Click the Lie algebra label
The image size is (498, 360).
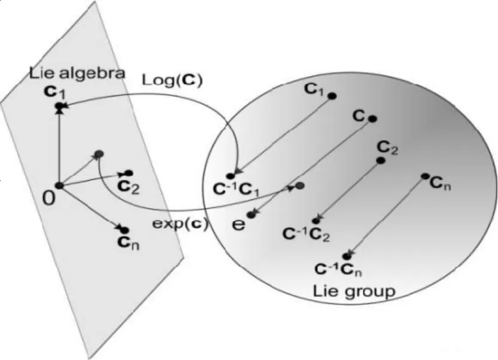point(77,74)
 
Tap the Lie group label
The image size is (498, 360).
point(354,291)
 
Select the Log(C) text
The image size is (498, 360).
point(172,80)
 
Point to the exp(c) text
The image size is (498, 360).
point(180,224)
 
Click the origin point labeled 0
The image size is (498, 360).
point(59,186)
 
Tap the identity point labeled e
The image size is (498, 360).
point(251,215)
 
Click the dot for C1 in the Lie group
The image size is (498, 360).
point(332,96)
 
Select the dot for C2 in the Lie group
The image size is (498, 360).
point(381,161)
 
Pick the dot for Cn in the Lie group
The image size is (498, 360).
point(425,176)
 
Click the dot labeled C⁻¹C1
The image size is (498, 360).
point(230,176)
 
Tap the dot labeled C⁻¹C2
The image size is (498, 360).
point(316,220)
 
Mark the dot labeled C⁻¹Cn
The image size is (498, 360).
point(347,256)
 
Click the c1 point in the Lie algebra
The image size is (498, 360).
point(59,106)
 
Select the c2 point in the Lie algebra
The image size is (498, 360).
point(129,173)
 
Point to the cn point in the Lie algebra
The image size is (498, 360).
point(125,230)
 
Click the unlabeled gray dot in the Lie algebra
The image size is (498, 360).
point(99,154)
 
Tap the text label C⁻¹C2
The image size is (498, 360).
point(306,234)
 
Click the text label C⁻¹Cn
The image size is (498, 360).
point(339,270)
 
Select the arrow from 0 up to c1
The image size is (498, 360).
point(59,146)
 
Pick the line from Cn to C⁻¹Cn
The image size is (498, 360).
point(386,216)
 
